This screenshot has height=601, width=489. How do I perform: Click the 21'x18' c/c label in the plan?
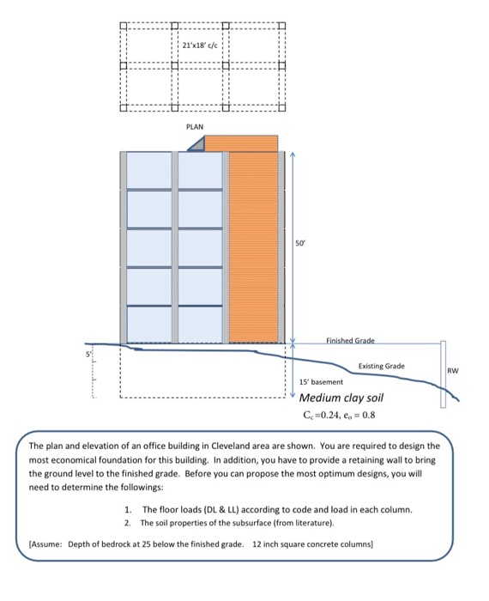click(200, 46)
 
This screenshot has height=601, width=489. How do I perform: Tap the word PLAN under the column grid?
click(195, 126)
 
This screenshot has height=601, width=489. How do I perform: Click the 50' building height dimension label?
click(300, 243)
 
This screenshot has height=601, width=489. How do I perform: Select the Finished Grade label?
click(350, 340)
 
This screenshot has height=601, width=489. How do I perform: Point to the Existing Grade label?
click(382, 366)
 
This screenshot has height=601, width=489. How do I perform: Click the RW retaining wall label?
click(453, 371)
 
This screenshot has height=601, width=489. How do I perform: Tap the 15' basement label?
click(321, 382)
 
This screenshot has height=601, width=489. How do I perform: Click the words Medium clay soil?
click(341, 398)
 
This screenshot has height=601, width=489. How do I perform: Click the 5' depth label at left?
click(88, 354)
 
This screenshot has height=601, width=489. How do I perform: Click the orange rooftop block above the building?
click(242, 143)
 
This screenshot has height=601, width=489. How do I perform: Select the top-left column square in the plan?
click(124, 26)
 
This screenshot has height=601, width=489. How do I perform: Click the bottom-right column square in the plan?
click(282, 107)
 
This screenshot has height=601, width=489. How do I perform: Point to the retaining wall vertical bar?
click(443, 374)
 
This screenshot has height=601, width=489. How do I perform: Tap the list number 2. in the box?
click(128, 523)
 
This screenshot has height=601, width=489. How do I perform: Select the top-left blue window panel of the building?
click(149, 170)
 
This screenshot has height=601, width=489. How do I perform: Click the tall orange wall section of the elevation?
click(253, 247)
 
